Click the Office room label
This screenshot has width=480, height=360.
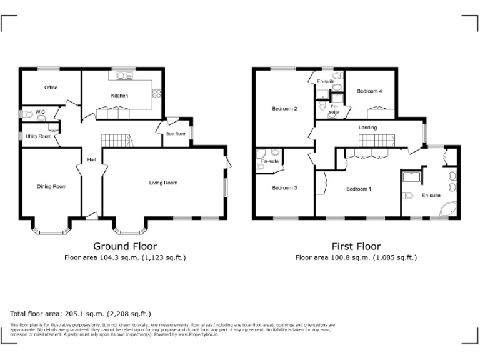tap(51, 87)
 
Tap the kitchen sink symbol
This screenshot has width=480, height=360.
tap(122, 76)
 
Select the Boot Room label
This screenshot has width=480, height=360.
tap(176, 134)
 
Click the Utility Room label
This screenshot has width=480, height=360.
tap(38, 136)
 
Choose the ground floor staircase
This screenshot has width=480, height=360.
tap(117, 141)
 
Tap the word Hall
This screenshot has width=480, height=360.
tap(91, 159)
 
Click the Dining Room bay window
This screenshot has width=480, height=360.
tap(51, 231)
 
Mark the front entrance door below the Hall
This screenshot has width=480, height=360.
tap(92, 216)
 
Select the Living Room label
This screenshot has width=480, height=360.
tap(163, 183)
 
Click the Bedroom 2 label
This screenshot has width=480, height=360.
tap(284, 109)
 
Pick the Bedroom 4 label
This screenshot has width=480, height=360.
tap(369, 91)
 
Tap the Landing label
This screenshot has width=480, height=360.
tap(367, 128)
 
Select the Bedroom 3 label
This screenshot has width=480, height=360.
tap(284, 187)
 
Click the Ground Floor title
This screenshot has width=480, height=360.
tap(125, 246)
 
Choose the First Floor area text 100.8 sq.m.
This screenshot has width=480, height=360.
tap(356, 257)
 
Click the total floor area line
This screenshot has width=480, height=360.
tap(81, 314)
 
